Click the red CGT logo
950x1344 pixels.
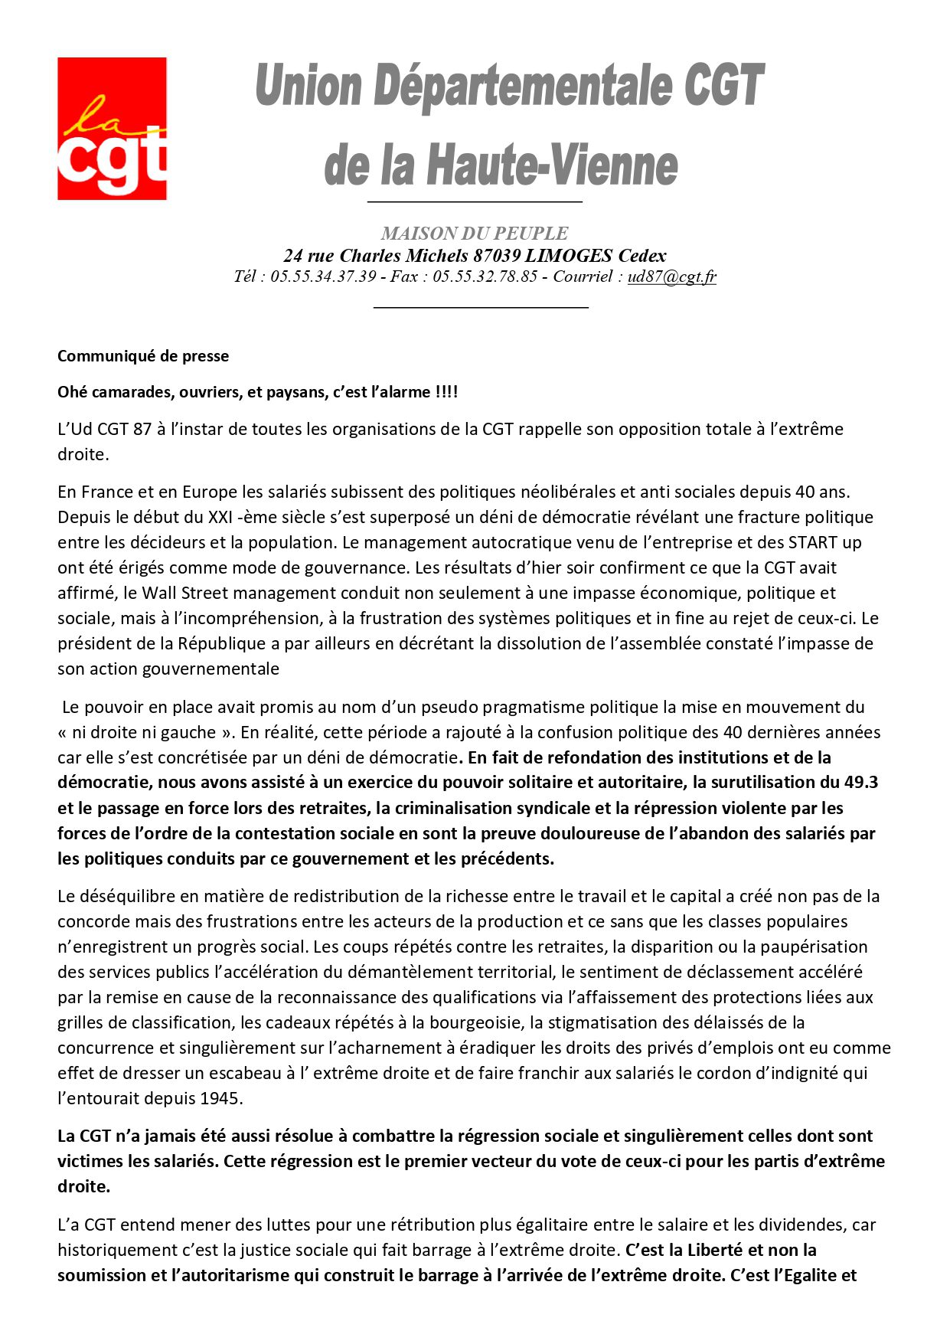(x=112, y=129)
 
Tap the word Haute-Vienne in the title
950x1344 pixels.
(x=552, y=165)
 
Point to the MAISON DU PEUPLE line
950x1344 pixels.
(x=475, y=234)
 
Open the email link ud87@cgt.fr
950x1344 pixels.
(x=671, y=276)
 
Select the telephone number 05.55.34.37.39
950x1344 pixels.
(x=323, y=276)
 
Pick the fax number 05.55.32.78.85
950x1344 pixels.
(x=485, y=276)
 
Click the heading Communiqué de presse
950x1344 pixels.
(x=143, y=356)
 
